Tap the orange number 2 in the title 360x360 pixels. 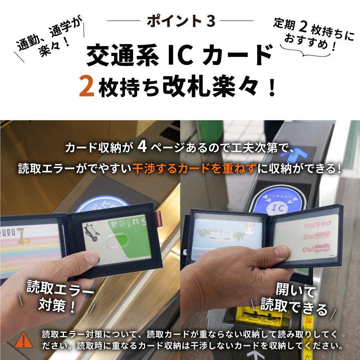coord(86,88)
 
